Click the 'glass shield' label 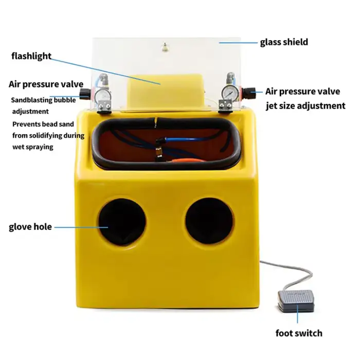coord(284,42)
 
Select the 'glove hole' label coord(30,226)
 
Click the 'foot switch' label coord(299,333)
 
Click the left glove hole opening coord(122,221)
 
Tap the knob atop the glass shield coord(164,48)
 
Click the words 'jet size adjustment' coord(305,106)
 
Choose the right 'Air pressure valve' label coord(302,92)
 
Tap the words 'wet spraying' coord(32,147)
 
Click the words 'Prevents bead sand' coord(43,124)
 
